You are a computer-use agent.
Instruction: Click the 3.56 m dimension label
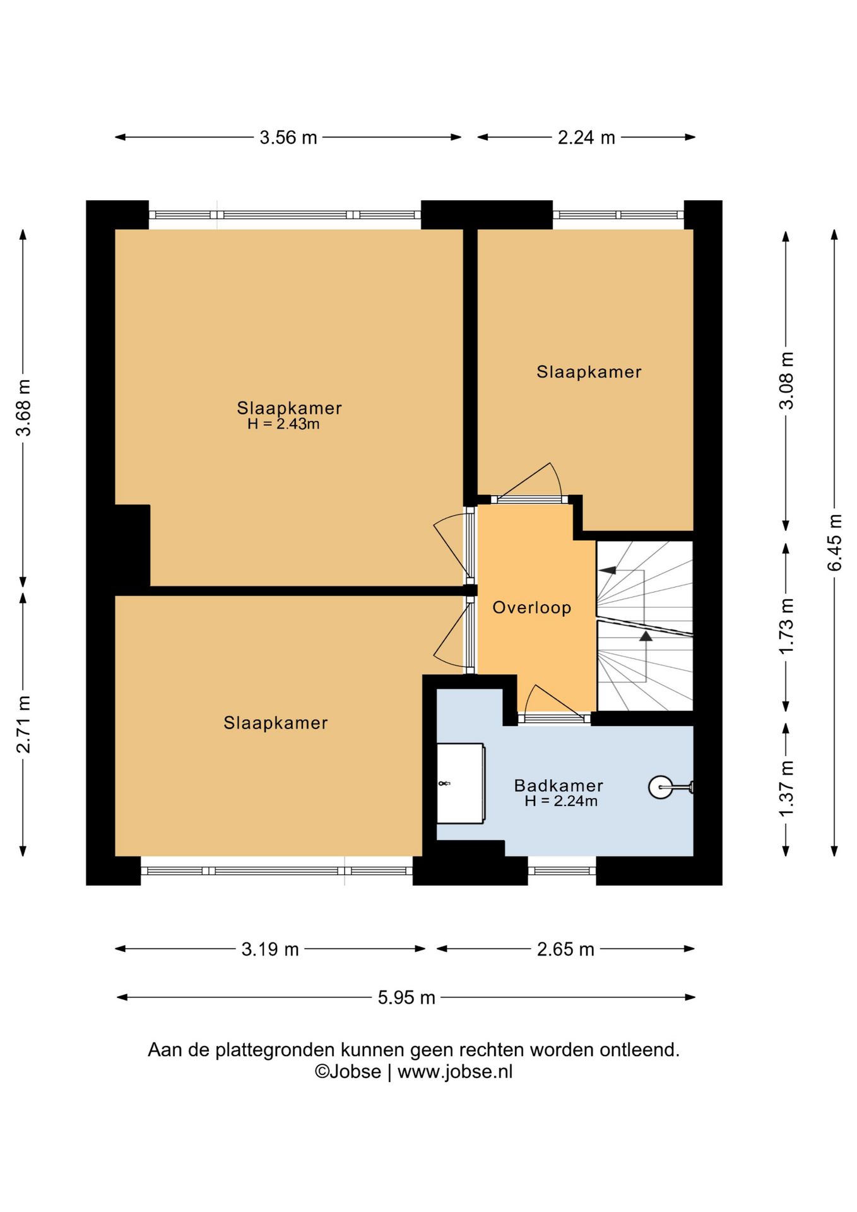tap(288, 138)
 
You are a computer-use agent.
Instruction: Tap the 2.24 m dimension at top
tap(586, 138)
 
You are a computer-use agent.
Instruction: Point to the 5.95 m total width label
tap(406, 997)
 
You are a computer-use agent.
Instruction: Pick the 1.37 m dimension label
tap(786, 789)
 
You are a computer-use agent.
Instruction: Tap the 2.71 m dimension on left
tap(23, 724)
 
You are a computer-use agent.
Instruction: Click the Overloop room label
tap(531, 608)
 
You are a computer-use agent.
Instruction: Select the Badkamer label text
tap(559, 785)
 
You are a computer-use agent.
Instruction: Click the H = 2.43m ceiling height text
tap(283, 424)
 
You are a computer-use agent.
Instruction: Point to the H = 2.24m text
tap(560, 801)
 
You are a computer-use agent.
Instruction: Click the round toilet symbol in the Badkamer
tap(661, 787)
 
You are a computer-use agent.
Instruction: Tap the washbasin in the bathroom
tap(461, 783)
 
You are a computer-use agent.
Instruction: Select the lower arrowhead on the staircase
tap(646, 636)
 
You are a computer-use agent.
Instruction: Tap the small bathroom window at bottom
tap(562, 871)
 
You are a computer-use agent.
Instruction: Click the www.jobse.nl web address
tap(455, 1072)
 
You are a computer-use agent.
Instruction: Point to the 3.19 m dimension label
tap(269, 949)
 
